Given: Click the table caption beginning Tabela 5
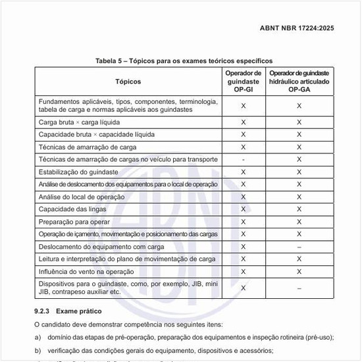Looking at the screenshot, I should pos(180,61).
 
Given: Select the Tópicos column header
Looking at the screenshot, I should pos(128,82).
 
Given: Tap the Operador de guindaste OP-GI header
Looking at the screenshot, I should pos(244,82).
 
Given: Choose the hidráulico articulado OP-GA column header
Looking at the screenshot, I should pos(299,82).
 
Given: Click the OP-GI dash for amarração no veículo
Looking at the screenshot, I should pos(244,159).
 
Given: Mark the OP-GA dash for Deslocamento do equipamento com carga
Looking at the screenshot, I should pos(299,247).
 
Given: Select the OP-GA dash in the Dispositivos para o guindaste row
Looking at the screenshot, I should pos(299,288).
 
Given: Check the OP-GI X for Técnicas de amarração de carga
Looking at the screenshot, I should pos(244,147).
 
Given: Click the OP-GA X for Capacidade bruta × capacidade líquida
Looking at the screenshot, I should pos(299,134).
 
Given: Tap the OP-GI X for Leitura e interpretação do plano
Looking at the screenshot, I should pos(244,259).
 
